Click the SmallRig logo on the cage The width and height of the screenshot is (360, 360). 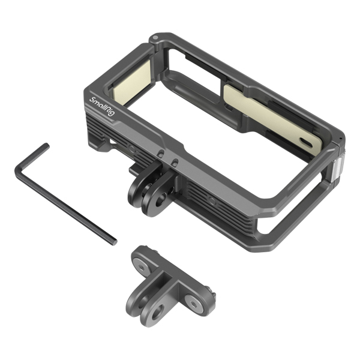click(x=101, y=107)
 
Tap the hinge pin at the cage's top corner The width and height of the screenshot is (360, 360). click(x=155, y=37)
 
